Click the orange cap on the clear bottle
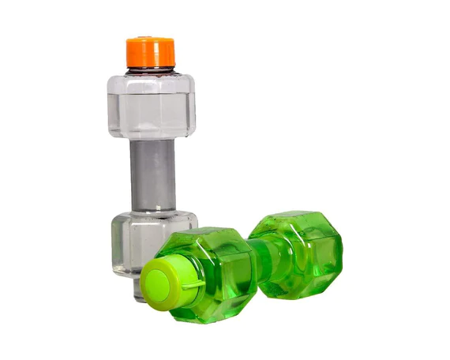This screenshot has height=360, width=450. pyautogui.click(x=150, y=52)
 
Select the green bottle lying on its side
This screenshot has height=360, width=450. pyautogui.click(x=245, y=264)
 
